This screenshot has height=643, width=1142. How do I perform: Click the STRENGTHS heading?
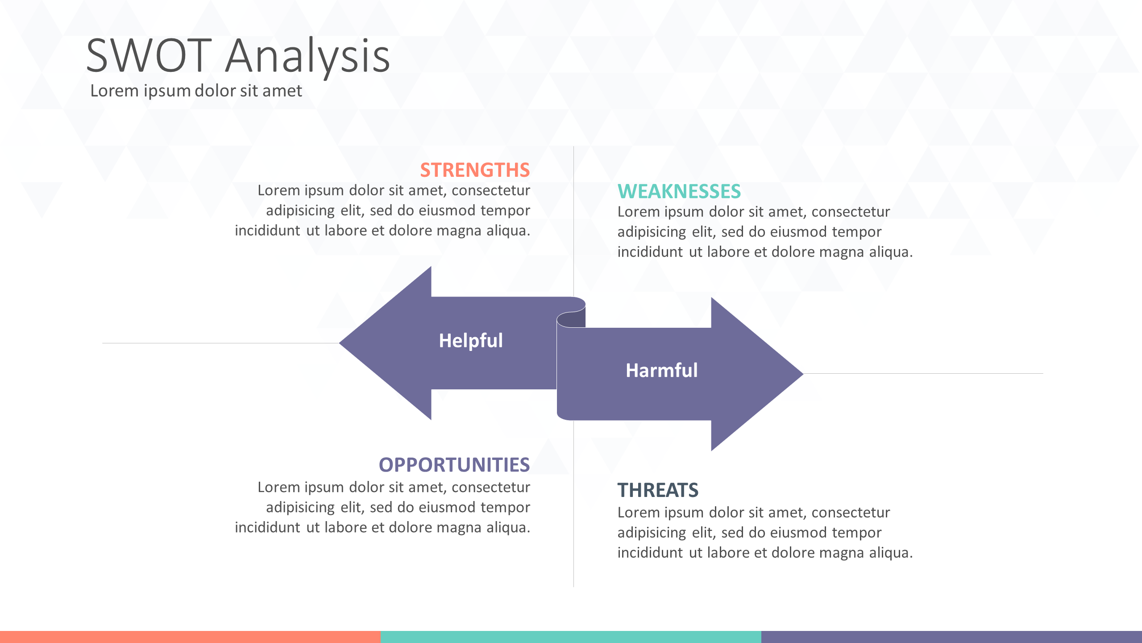click(x=475, y=170)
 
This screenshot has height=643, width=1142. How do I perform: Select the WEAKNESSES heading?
click(x=679, y=192)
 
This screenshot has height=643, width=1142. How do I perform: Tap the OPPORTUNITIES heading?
click(x=454, y=465)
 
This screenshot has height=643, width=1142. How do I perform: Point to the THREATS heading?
click(x=658, y=490)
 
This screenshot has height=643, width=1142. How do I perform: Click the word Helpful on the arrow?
click(x=471, y=341)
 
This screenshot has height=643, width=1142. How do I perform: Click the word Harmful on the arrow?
click(x=661, y=371)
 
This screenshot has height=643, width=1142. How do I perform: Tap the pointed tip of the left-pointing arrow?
click(x=340, y=343)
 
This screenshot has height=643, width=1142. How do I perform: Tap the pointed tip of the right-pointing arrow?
click(x=802, y=374)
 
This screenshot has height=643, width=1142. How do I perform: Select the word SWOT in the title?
click(x=149, y=56)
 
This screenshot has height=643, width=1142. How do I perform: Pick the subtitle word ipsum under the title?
click(x=167, y=92)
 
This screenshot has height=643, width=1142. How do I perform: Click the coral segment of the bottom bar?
click(x=190, y=637)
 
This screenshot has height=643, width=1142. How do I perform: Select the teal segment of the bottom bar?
click(x=571, y=637)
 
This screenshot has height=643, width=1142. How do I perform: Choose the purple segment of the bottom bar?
click(x=951, y=637)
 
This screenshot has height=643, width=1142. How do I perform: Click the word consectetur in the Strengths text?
click(x=491, y=191)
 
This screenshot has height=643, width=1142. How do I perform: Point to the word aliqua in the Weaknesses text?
click(x=889, y=253)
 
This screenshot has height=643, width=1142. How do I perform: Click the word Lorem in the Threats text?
click(x=639, y=513)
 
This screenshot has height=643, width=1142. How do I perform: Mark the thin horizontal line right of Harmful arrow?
click(x=923, y=373)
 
